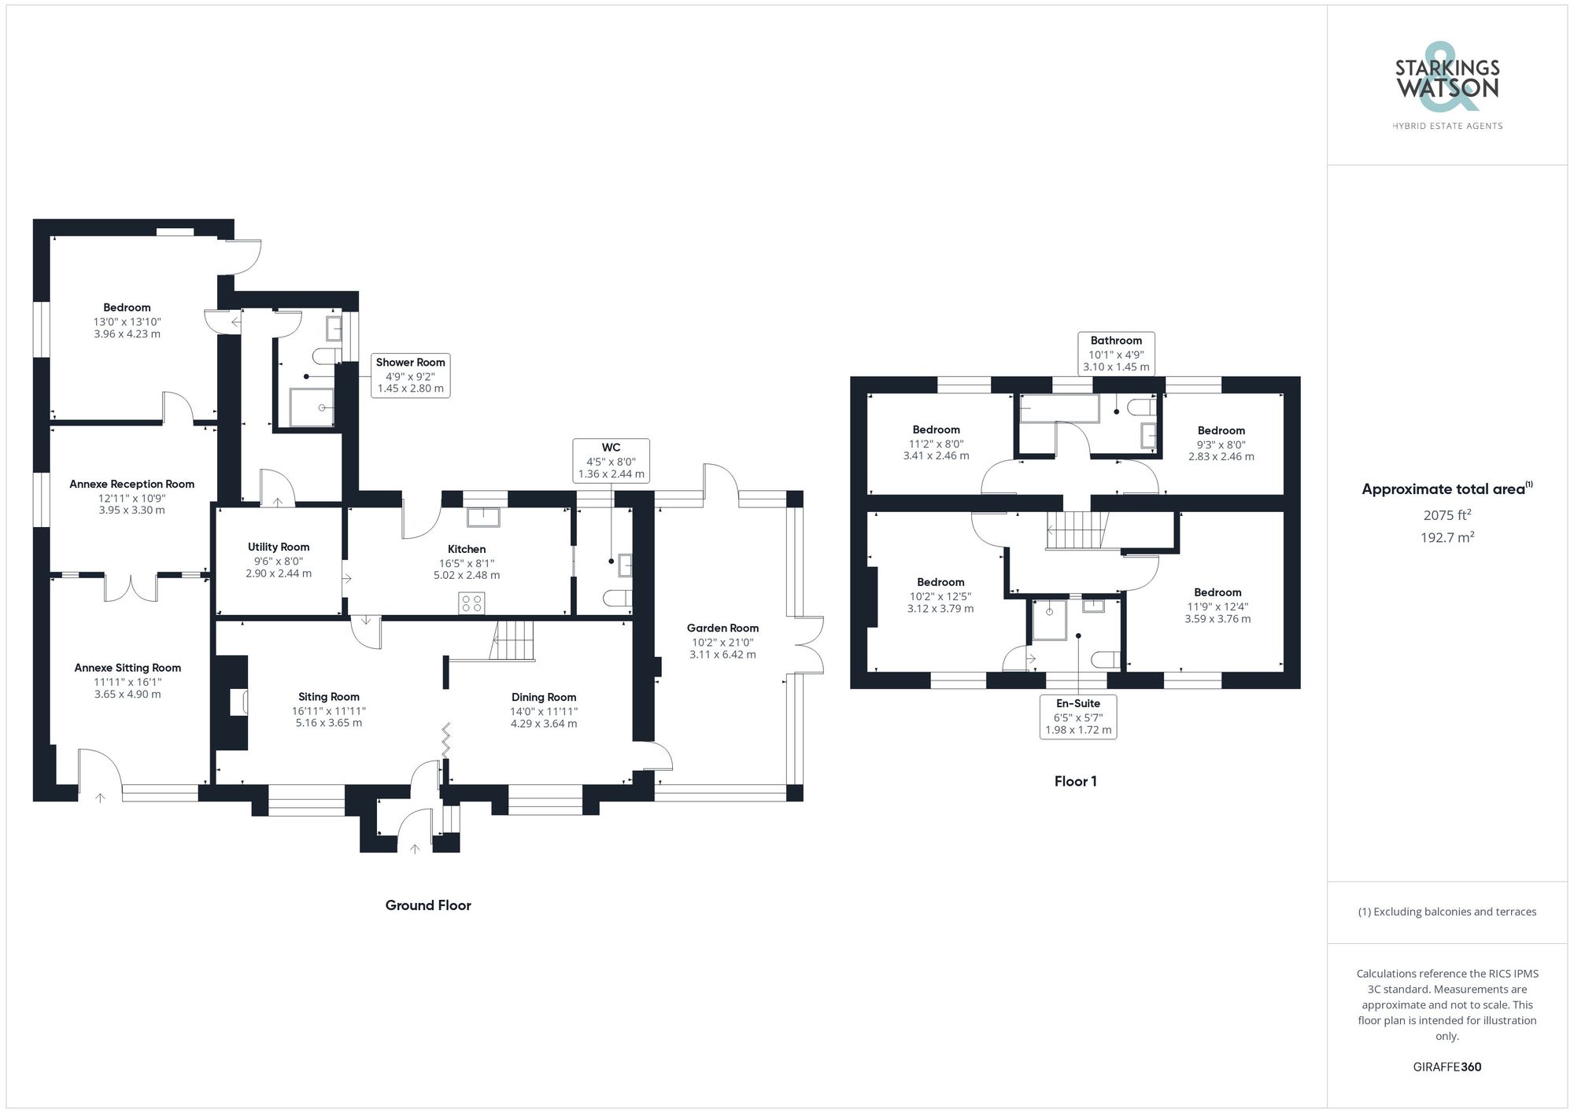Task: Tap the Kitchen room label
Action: point(467,549)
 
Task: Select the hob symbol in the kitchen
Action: point(472,603)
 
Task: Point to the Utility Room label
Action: point(279,547)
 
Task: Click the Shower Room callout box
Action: point(410,375)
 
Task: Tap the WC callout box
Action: point(611,460)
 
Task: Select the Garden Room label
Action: point(722,628)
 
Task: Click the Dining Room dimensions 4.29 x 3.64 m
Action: point(544,724)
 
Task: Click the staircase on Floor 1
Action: point(1076,530)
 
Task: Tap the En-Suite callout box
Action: point(1078,717)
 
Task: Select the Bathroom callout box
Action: point(1116,353)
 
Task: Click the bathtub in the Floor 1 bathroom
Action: point(1059,408)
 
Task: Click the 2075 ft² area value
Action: point(1447,515)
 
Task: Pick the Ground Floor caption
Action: point(428,905)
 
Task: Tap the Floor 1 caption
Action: point(1075,781)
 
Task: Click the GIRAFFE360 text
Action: point(1447,1067)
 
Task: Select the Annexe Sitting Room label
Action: point(127,668)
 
